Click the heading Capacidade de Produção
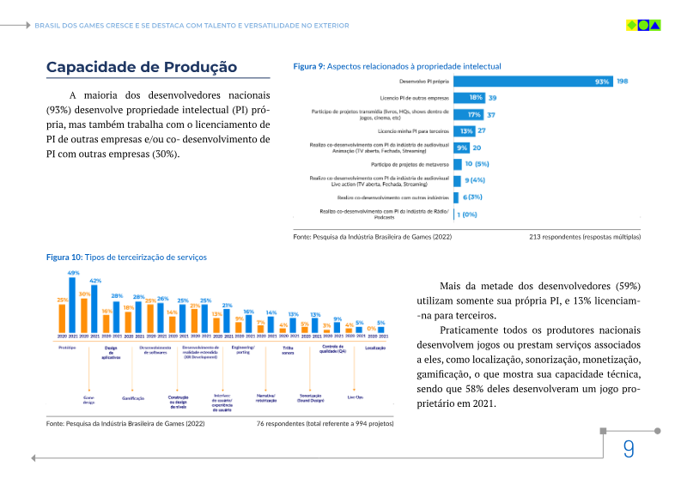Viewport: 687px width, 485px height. [x=142, y=67]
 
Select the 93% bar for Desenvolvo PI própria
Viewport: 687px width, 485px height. [x=533, y=82]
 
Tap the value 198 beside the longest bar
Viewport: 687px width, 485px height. [x=623, y=82]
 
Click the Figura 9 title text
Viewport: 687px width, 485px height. [x=397, y=66]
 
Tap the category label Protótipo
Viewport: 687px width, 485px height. [x=67, y=348]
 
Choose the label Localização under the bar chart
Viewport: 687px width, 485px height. [x=375, y=348]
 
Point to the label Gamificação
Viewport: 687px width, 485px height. [x=132, y=398]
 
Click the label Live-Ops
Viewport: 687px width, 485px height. [x=355, y=397]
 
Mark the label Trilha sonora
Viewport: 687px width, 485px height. [x=288, y=349]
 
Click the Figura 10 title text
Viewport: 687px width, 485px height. [x=126, y=257]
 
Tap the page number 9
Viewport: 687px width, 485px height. [x=629, y=449]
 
